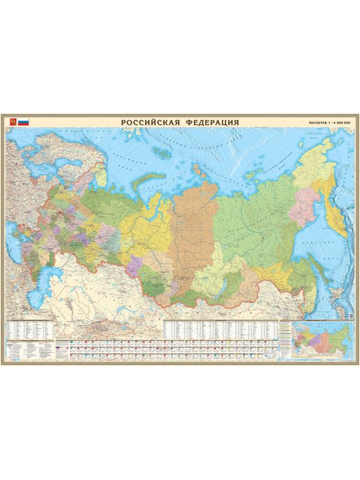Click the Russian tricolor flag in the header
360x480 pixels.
click(23, 122)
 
